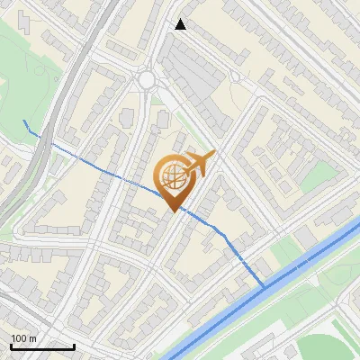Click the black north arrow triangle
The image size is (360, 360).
tap(181, 24)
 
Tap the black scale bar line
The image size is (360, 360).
tap(42, 347)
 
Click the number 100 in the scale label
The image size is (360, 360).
tap(19, 338)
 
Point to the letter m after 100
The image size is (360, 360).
tap(32, 338)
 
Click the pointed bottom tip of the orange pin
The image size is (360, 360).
tap(174, 211)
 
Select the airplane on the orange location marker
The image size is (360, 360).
tap(200, 164)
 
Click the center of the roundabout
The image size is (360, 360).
tap(147, 80)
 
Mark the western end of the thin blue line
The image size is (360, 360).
tap(24, 121)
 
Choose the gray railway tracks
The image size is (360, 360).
tap(54, 108)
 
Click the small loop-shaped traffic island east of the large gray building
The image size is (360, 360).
tap(236, 76)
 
